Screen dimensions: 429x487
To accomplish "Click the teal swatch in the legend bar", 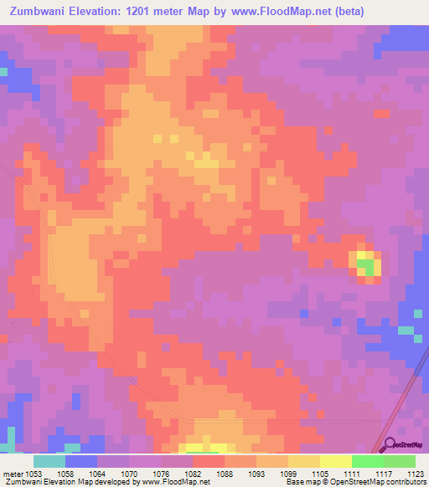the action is click(x=49, y=461).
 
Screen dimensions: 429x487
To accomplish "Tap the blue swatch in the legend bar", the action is click(x=81, y=461).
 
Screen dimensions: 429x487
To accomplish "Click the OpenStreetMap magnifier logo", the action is click(x=389, y=445).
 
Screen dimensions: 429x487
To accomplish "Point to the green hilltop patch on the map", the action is click(x=364, y=267).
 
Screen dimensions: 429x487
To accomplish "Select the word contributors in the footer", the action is click(x=407, y=483).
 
